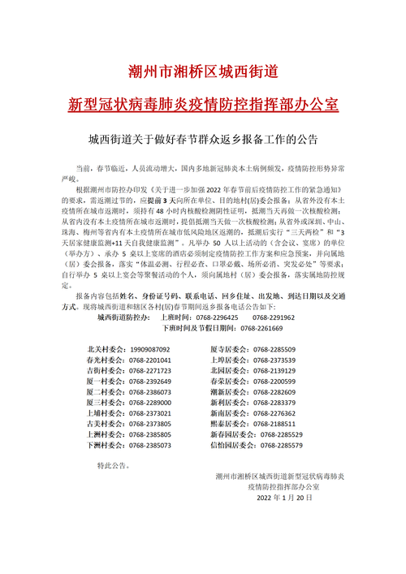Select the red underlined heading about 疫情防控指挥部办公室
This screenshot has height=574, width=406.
coord(203,106)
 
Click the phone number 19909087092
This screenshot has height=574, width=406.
coord(149,348)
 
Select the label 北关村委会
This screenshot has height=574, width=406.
coord(104,348)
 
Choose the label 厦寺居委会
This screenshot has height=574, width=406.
coord(228,348)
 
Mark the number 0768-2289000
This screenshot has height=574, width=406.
coord(149,403)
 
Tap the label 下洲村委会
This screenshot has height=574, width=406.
coord(104,446)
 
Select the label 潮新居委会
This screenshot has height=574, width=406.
coord(228,391)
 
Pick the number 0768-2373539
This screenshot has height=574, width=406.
coord(274,359)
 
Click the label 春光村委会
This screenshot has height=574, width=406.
coord(104,359)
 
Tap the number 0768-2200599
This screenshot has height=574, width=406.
coord(274,381)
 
